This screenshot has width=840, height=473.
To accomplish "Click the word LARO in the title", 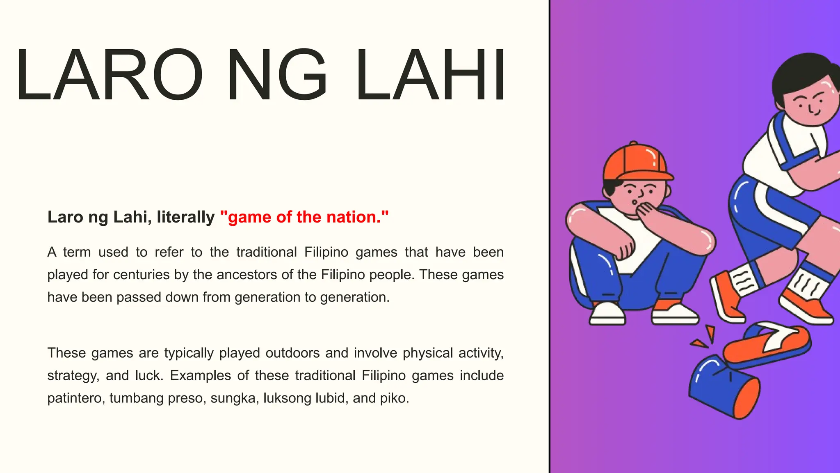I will point(109,75).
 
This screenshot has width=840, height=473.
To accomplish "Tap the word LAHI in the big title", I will point(431,75).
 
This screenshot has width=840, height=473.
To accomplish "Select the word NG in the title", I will point(277,75).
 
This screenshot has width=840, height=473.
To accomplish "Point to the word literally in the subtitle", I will point(185,217).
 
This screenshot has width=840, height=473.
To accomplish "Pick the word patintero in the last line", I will point(76,398).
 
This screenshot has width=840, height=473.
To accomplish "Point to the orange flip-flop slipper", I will point(767,343).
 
